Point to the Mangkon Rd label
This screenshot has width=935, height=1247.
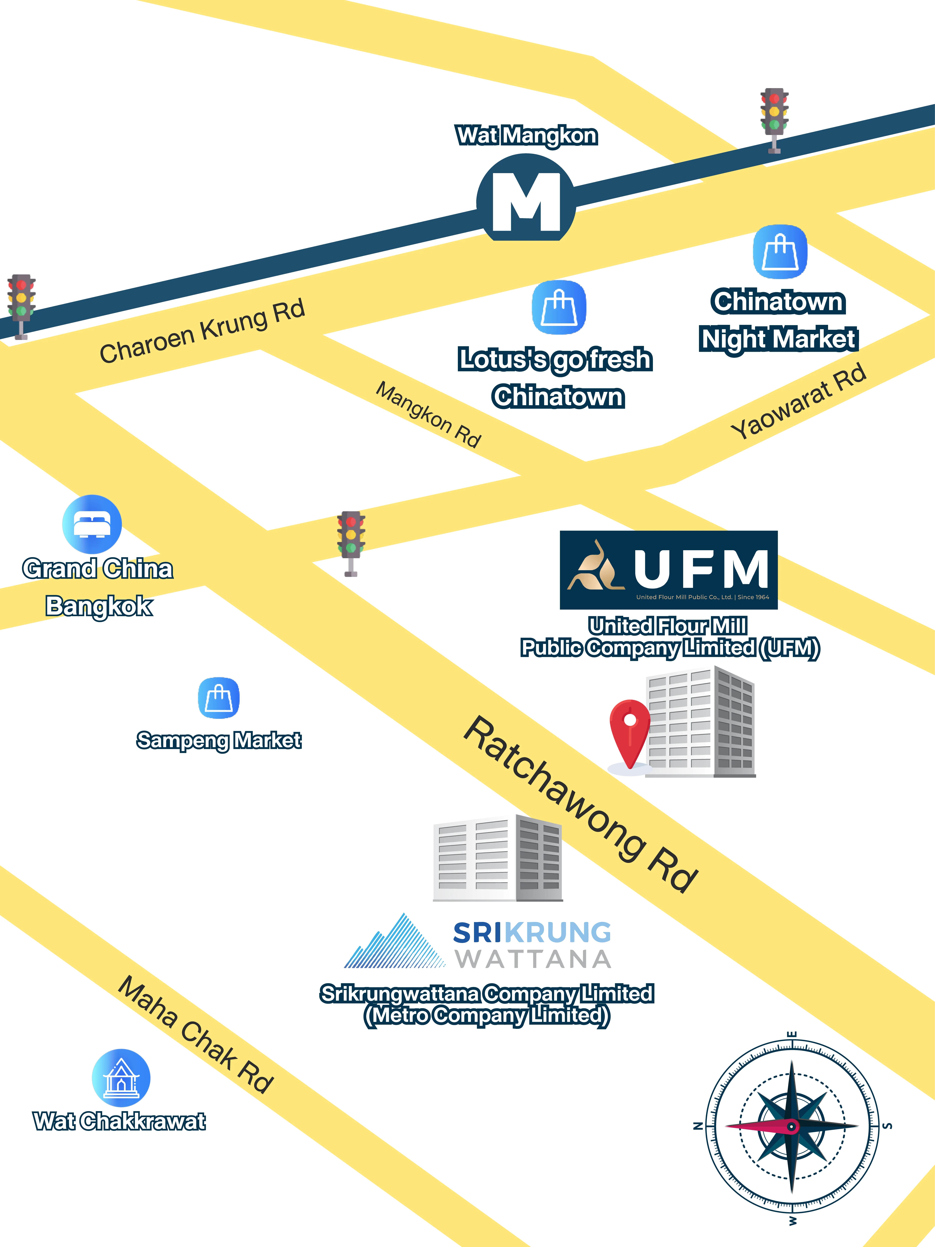(x=428, y=414)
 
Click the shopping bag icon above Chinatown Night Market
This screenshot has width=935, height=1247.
(x=780, y=252)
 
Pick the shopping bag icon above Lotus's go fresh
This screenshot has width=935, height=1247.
(x=559, y=307)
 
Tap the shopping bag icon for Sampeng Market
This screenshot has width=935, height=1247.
(x=219, y=698)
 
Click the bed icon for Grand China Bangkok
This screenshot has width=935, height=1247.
(x=92, y=524)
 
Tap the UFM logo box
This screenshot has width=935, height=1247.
(x=668, y=570)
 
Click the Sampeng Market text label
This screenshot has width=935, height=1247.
(x=219, y=740)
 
